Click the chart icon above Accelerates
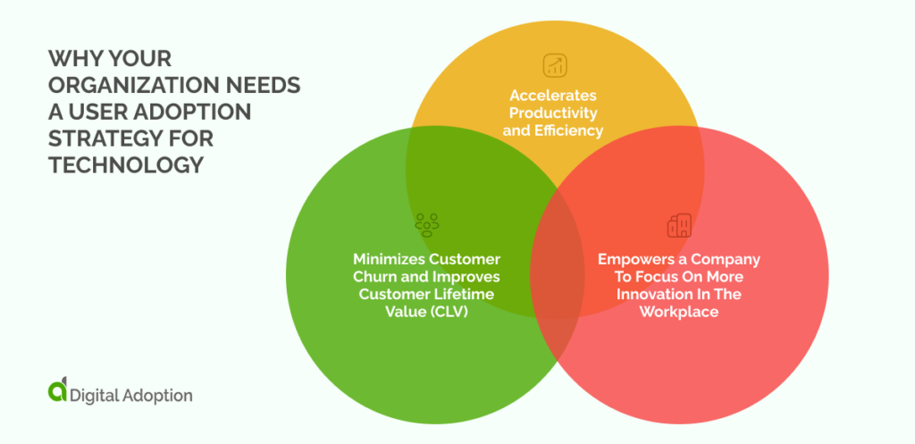tap(554, 64)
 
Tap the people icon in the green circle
tap(426, 223)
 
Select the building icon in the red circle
tap(679, 225)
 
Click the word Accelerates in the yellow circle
tap(552, 95)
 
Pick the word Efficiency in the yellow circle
tap(571, 130)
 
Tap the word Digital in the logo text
tap(94, 394)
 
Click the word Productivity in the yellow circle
tap(554, 113)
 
